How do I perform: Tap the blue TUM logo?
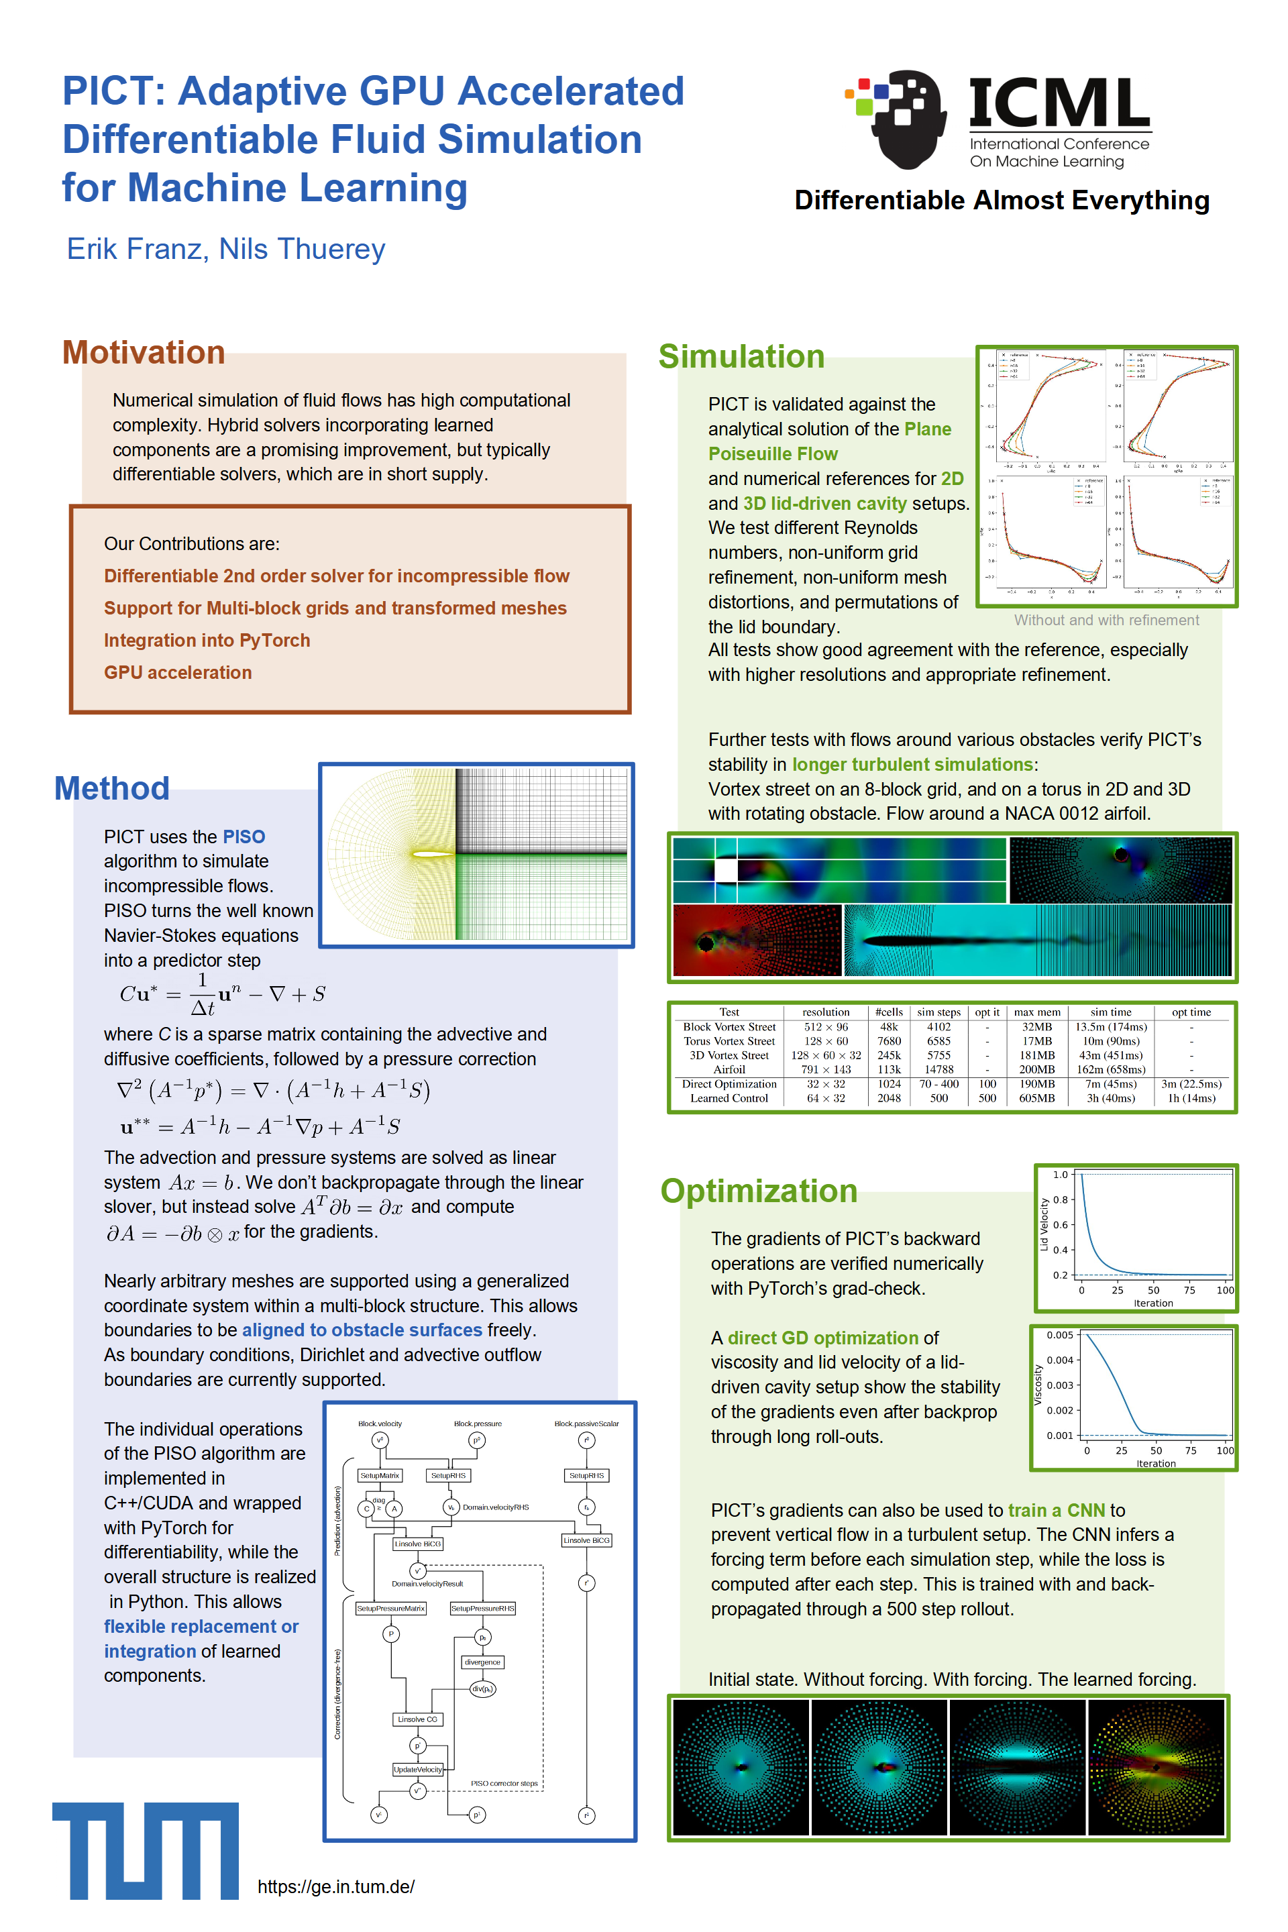coord(146,1851)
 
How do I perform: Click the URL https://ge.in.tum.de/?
coord(336,1886)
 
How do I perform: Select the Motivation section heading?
coord(144,352)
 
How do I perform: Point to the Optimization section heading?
coord(758,1190)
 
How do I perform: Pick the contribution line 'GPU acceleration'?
coord(177,672)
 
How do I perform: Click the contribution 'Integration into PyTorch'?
coord(207,640)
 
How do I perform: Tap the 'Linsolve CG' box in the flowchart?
coord(417,1719)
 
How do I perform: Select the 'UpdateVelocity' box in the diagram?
coord(417,1770)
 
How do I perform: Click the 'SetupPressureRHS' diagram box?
coord(482,1609)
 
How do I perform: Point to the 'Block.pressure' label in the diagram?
coord(477,1424)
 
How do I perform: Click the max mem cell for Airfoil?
coord(1036,1069)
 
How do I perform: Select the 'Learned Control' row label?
coord(729,1098)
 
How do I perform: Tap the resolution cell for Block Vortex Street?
coord(826,1027)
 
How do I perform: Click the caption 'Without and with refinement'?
coord(1106,620)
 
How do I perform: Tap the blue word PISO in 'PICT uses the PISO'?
coord(244,837)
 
